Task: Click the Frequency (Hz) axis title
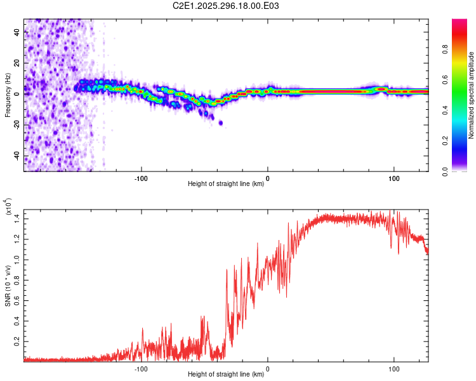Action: [8, 95]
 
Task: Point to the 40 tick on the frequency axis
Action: [17, 32]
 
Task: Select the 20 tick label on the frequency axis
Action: [17, 63]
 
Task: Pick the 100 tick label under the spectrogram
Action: [393, 178]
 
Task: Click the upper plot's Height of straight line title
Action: [226, 184]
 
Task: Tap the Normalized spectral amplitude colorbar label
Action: [472, 95]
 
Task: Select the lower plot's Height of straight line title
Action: [226, 374]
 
